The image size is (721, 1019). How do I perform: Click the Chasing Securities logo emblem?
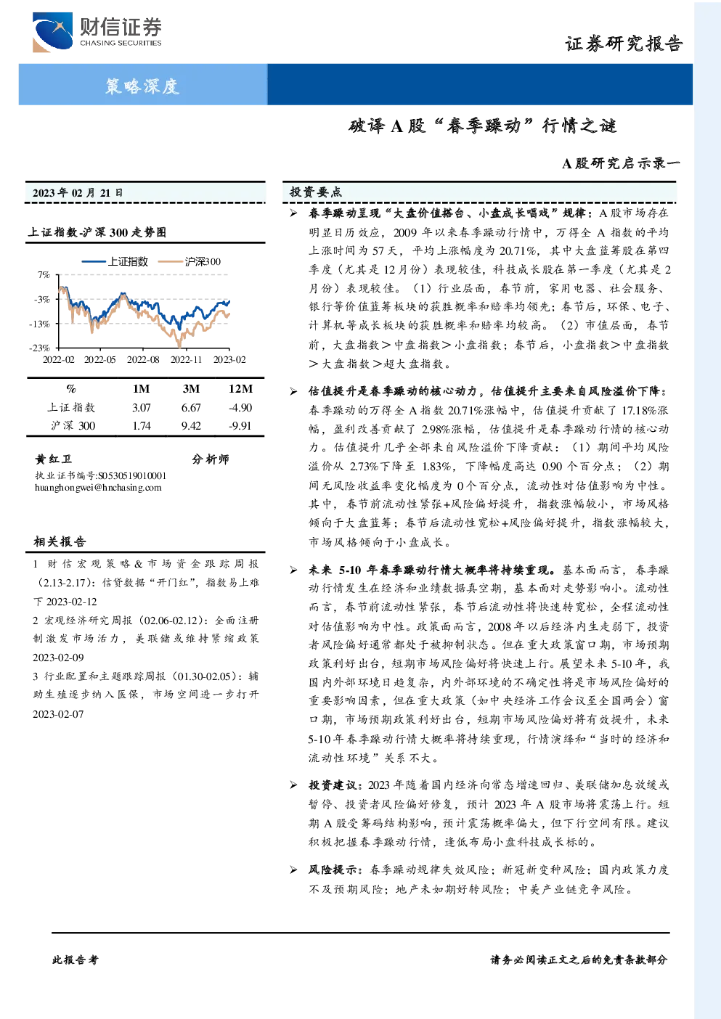pyautogui.click(x=52, y=32)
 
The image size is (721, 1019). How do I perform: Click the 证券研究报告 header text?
pyautogui.click(x=623, y=44)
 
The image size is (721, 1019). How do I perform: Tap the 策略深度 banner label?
pyautogui.click(x=142, y=86)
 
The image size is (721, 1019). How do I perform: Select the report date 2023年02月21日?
pyautogui.click(x=78, y=192)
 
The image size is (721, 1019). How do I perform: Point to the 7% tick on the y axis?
pyautogui.click(x=44, y=275)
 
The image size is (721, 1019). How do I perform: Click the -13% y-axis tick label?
pyautogui.click(x=42, y=324)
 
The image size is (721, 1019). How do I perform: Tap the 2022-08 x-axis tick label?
pyautogui.click(x=143, y=359)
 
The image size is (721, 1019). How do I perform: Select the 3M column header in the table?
pyautogui.click(x=191, y=388)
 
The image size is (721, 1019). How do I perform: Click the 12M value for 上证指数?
pyautogui.click(x=240, y=408)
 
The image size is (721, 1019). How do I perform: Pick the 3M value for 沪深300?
pyautogui.click(x=191, y=426)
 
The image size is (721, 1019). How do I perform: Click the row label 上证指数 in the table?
pyautogui.click(x=71, y=407)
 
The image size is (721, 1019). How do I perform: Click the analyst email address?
pyautogui.click(x=98, y=488)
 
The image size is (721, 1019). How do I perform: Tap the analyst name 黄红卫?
pyautogui.click(x=54, y=459)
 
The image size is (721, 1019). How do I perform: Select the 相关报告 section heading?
pyautogui.click(x=60, y=541)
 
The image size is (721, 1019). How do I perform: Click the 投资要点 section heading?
pyautogui.click(x=316, y=192)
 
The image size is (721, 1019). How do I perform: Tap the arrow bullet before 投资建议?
pyautogui.click(x=293, y=785)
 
